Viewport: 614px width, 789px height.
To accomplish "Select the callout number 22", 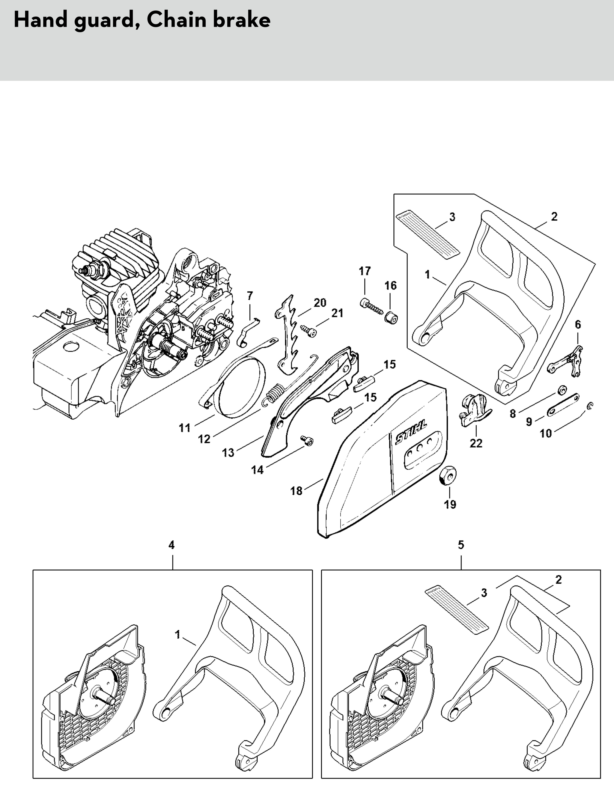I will click(476, 443).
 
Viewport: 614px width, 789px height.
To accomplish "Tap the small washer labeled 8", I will click(562, 390).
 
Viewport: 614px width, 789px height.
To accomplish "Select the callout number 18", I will click(296, 491).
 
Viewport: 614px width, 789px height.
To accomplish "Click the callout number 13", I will click(228, 452).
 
